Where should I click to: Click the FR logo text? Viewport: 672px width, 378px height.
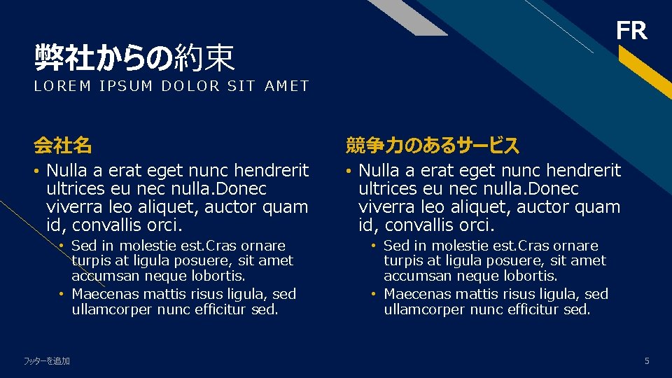(x=631, y=31)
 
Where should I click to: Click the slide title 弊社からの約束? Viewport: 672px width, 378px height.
(x=134, y=58)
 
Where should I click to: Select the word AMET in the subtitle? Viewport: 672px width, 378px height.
(x=287, y=86)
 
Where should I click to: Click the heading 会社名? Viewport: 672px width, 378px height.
(x=63, y=146)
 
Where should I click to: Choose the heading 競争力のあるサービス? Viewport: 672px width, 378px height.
(x=433, y=146)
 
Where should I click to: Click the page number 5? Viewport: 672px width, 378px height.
(x=647, y=360)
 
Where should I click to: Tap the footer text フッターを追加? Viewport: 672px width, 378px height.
(x=47, y=361)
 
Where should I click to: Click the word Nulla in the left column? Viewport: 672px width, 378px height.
(x=66, y=170)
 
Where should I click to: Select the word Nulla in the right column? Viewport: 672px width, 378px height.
(x=378, y=170)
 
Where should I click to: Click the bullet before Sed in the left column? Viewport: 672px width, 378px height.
(x=62, y=246)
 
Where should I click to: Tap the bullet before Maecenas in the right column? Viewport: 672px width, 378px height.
(x=374, y=294)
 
